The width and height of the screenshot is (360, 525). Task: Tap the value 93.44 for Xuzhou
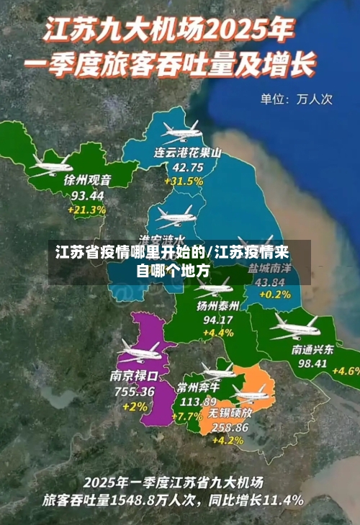click(87, 195)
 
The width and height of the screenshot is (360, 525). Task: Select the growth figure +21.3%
click(86, 210)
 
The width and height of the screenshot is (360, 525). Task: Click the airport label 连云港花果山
click(187, 153)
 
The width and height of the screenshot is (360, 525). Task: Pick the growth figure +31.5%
click(184, 181)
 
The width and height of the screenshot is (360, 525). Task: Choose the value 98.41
click(312, 364)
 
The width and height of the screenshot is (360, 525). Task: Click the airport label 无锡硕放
click(230, 413)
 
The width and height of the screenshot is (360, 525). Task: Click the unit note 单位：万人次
click(296, 99)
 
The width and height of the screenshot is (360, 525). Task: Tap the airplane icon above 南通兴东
click(294, 328)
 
